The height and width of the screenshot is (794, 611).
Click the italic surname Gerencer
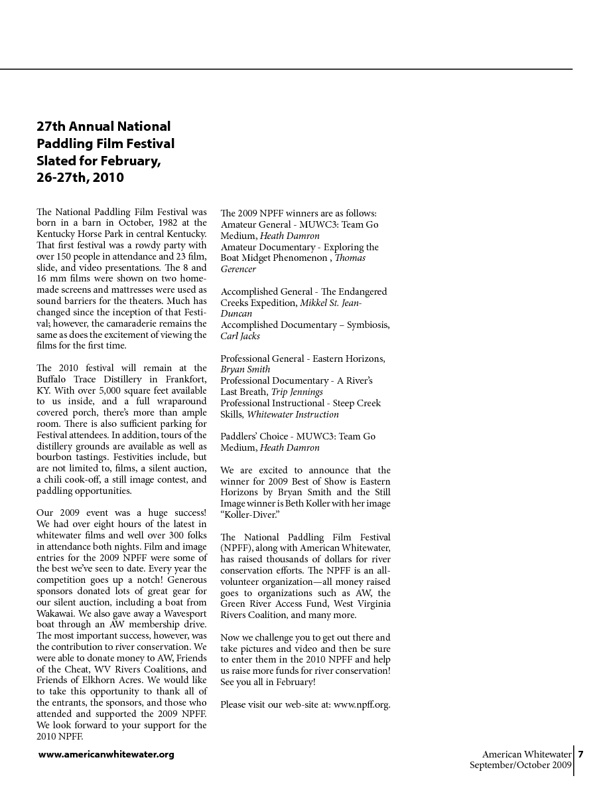coord(238,270)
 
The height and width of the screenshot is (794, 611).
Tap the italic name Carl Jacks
coord(240,336)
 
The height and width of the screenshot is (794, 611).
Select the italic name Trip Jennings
coord(297,392)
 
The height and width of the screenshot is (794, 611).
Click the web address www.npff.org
coord(362,704)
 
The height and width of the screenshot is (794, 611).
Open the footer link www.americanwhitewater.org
coord(106,754)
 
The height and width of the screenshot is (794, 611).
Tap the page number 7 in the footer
coord(580,754)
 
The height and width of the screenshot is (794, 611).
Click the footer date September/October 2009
coord(520,765)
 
